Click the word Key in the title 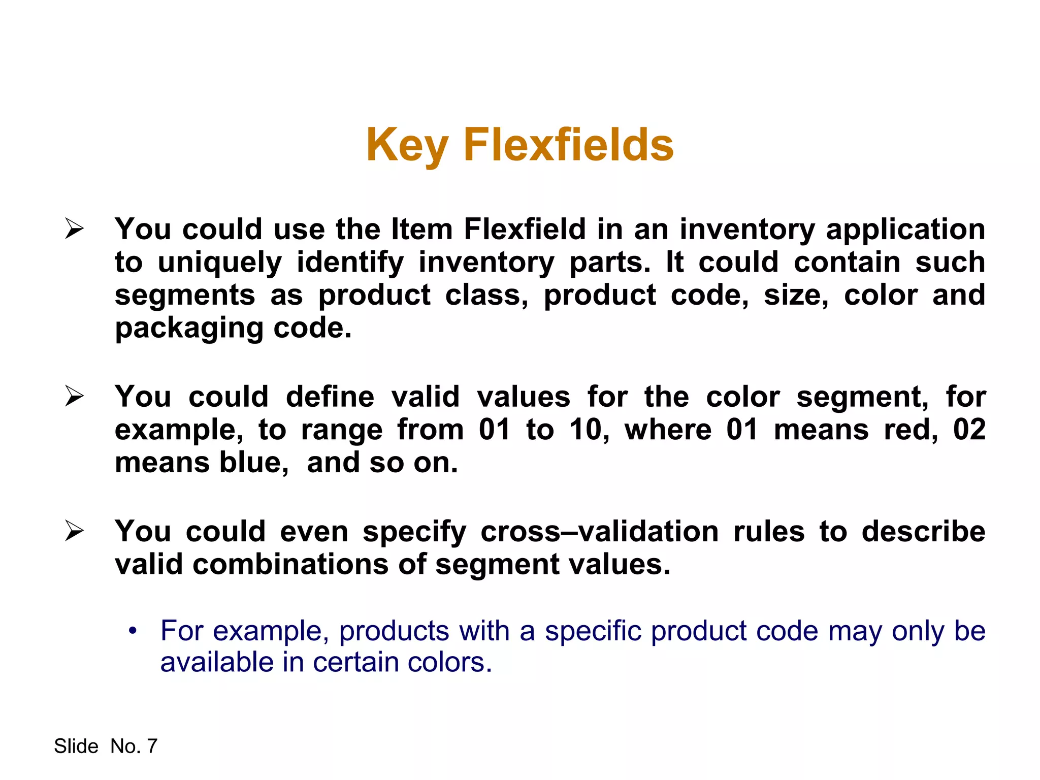[x=406, y=146]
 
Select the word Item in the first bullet [x=421, y=229]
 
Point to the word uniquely [x=219, y=263]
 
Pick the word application [x=905, y=230]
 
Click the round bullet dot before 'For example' [x=133, y=631]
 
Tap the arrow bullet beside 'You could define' [x=74, y=397]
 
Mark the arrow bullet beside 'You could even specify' [x=74, y=532]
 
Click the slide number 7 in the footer [x=152, y=746]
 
